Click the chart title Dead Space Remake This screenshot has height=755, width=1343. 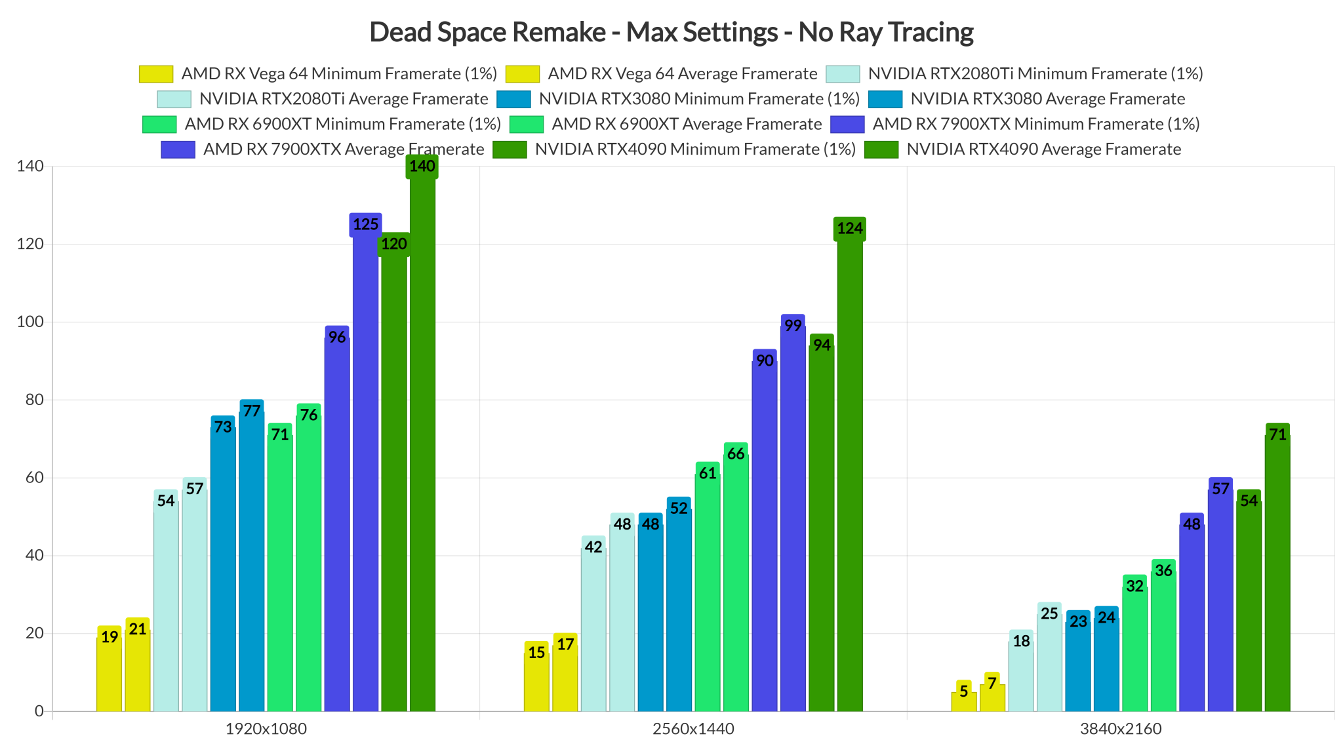click(671, 31)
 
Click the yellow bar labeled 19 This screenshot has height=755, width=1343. click(109, 675)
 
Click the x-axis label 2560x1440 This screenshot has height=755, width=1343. click(693, 729)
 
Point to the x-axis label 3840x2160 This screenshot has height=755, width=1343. click(1121, 729)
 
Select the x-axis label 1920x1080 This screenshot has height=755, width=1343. click(266, 729)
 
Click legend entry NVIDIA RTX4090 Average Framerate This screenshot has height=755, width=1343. click(1043, 149)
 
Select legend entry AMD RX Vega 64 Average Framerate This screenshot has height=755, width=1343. click(682, 73)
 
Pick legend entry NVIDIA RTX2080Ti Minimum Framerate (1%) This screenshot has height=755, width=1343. click(1035, 73)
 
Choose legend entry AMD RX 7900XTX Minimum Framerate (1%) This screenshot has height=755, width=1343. click(1035, 124)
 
